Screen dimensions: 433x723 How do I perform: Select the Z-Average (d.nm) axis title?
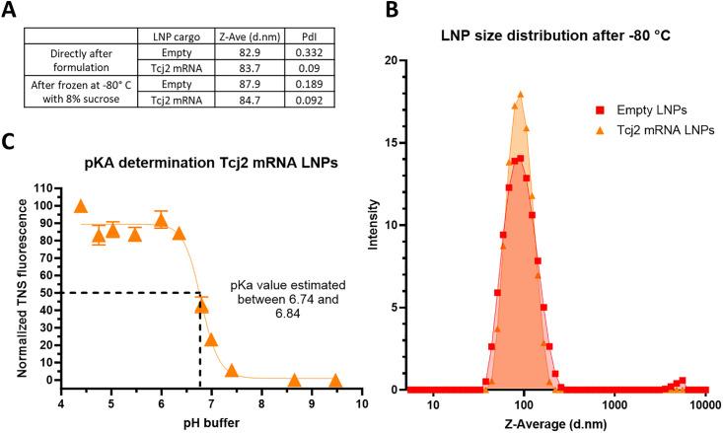tap(554, 425)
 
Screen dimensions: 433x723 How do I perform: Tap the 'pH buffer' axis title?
tap(211, 423)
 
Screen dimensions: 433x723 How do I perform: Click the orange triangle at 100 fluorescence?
tap(81, 206)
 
